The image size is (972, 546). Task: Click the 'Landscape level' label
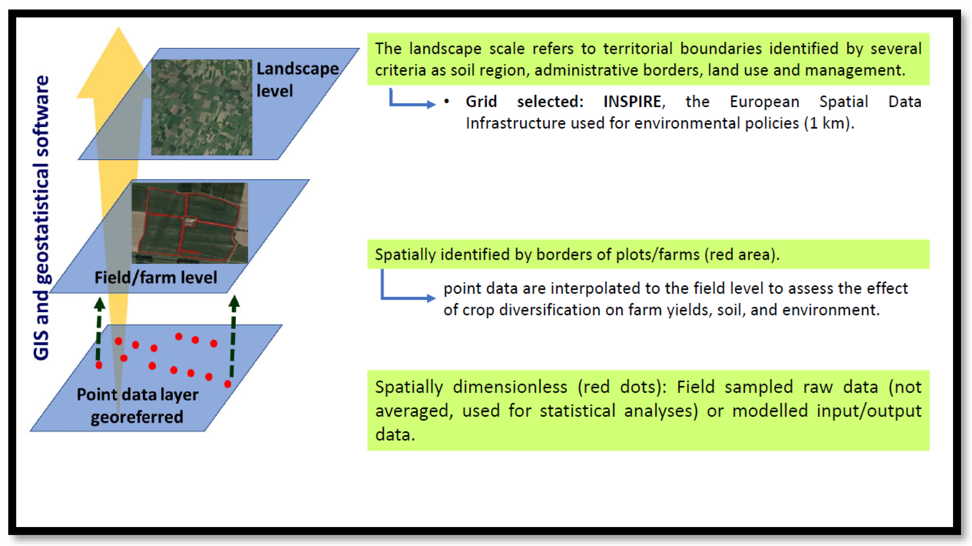point(297,80)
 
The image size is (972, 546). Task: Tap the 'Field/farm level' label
point(155,278)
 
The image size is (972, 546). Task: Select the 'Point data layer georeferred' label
point(137,406)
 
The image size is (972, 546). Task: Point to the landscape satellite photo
point(202,107)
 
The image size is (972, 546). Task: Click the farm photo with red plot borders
point(190,223)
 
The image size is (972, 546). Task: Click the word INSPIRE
point(632,102)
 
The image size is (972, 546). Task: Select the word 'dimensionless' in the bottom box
point(510,387)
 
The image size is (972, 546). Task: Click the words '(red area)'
point(741,255)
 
